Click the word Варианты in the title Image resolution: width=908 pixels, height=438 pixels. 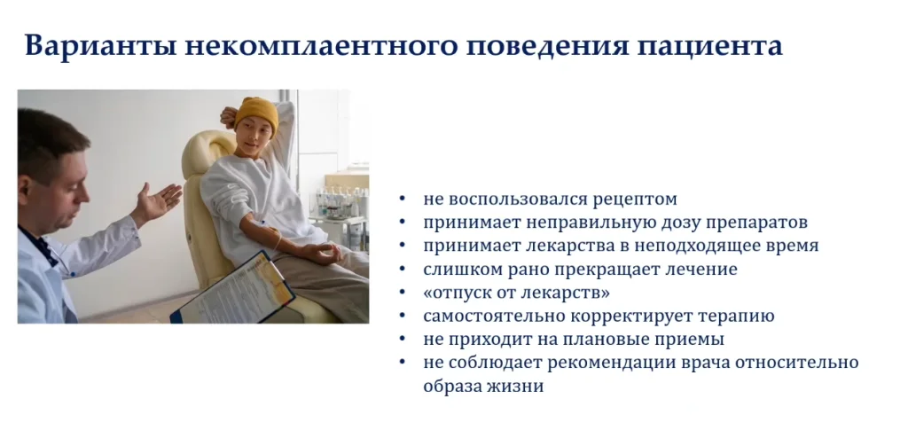coord(101,46)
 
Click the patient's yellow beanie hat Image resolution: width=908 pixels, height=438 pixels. coord(256,113)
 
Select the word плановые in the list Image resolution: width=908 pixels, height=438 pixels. coord(594,340)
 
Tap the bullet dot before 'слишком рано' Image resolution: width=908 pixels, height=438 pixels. coord(403,270)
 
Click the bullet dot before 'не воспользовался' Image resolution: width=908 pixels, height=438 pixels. coord(403,199)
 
